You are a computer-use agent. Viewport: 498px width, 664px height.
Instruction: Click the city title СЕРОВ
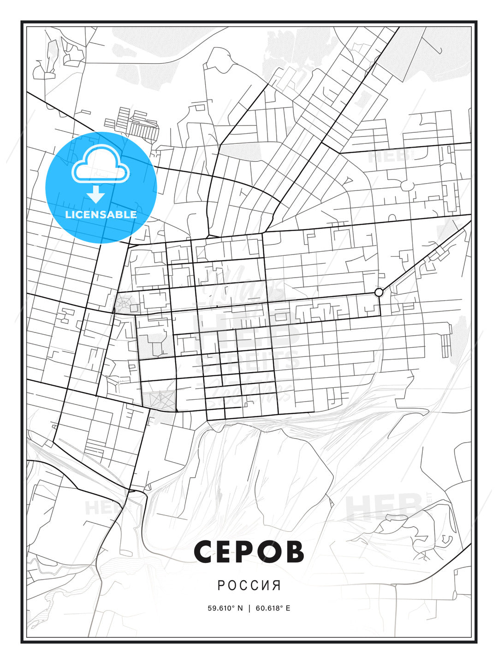[249, 551]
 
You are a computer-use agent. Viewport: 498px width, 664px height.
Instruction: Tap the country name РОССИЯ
[249, 586]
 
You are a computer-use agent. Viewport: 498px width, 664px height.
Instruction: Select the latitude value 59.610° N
[225, 608]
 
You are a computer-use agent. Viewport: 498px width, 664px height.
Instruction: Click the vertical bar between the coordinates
[249, 608]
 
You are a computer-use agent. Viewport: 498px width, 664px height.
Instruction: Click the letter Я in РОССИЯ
[277, 586]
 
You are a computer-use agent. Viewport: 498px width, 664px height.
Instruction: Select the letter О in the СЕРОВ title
[271, 551]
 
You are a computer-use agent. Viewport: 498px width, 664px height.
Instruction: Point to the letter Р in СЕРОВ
[248, 551]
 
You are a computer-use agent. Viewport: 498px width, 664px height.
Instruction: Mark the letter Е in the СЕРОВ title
[226, 551]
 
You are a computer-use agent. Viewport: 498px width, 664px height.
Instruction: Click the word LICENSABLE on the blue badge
[101, 214]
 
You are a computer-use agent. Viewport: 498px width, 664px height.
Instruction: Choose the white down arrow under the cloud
[96, 195]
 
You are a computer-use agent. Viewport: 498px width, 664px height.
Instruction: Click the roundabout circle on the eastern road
[379, 292]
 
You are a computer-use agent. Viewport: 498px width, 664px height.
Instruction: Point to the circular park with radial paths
[123, 304]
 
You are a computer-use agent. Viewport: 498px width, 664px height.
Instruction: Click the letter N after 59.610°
[240, 608]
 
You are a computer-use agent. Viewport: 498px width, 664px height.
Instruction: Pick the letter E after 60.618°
[288, 608]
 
